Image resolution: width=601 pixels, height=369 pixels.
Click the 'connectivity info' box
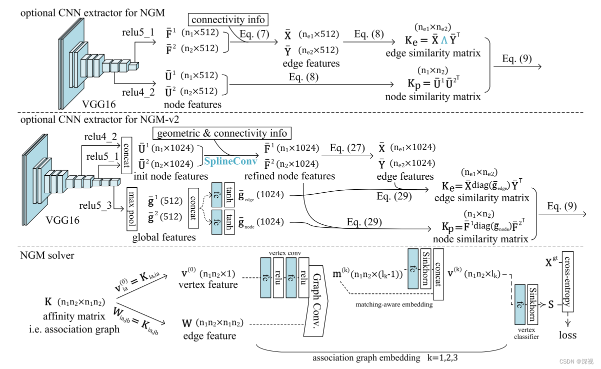point(228,21)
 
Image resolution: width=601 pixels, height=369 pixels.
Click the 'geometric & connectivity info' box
point(222,133)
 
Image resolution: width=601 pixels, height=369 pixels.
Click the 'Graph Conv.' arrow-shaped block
point(317,295)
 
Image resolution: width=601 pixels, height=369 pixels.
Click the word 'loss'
point(567,335)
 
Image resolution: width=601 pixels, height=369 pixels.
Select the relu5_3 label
point(95,205)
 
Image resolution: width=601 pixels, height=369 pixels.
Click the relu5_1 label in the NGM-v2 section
point(101,157)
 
